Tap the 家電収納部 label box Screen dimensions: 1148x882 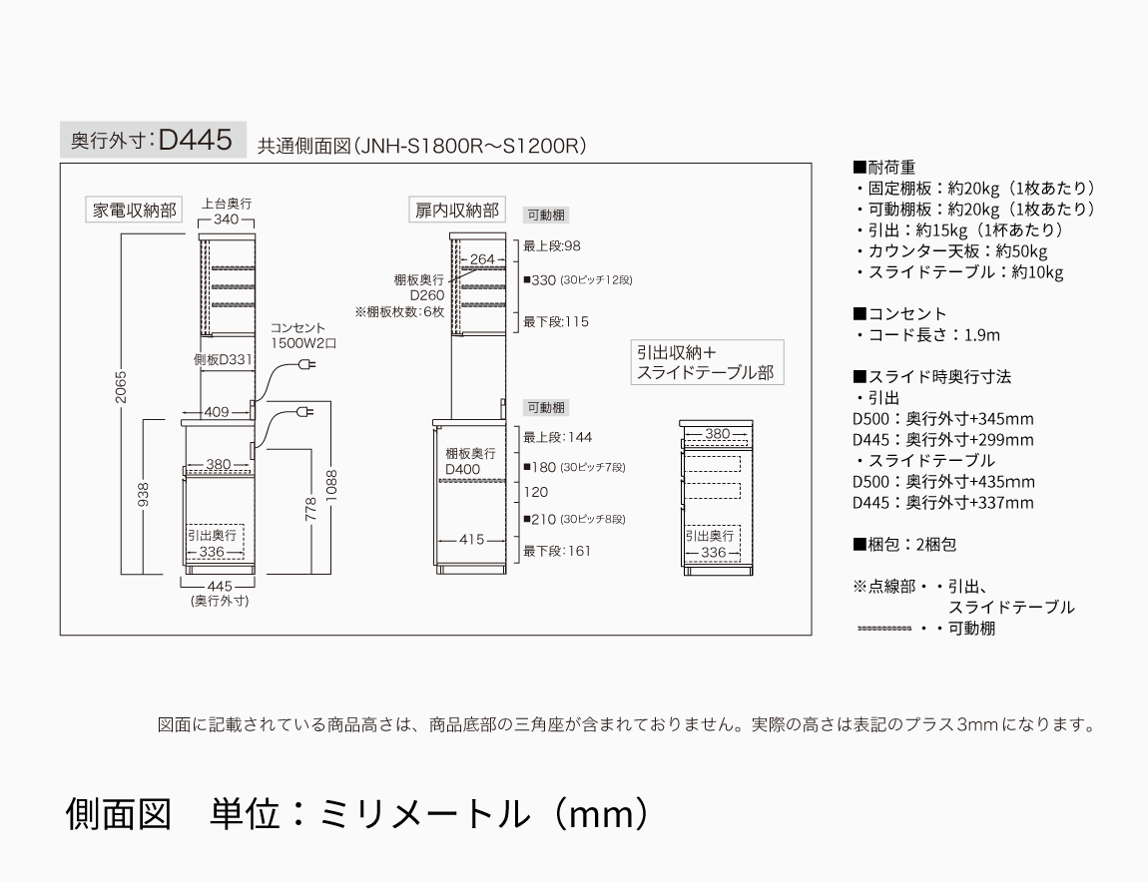(x=134, y=211)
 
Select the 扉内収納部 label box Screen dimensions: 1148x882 (x=457, y=211)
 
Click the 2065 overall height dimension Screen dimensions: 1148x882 (x=121, y=390)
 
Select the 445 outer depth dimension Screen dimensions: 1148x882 (x=219, y=586)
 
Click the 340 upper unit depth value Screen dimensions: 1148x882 (x=227, y=220)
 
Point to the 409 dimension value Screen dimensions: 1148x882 (x=216, y=411)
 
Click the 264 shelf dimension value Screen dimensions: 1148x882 (x=482, y=259)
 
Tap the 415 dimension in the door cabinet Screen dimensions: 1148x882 (x=472, y=540)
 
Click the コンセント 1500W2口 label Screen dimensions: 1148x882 (x=302, y=335)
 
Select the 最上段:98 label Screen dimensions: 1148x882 (x=552, y=245)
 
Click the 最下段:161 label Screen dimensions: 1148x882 (x=557, y=550)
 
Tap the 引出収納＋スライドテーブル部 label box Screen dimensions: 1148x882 (x=705, y=363)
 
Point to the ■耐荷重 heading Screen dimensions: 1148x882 (x=884, y=168)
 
